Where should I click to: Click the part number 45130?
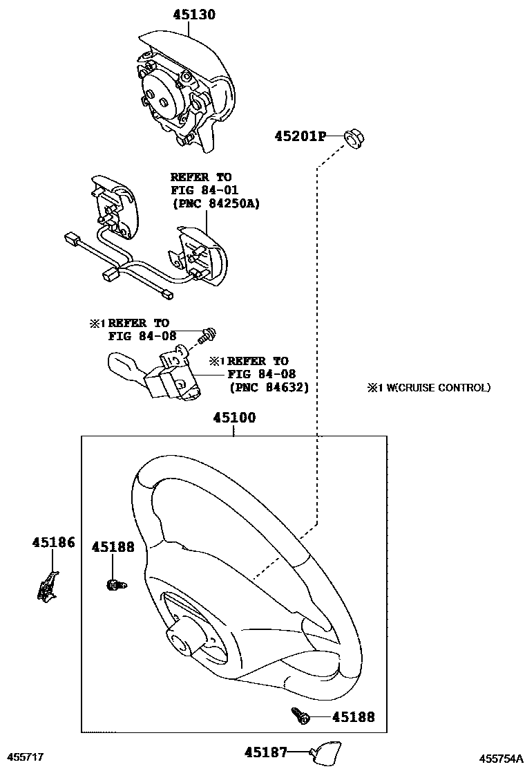tap(194, 15)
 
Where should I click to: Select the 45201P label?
tap(300, 136)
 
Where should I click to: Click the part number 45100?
tap(234, 418)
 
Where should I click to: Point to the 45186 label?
tap(54, 542)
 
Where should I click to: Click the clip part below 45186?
tap(48, 586)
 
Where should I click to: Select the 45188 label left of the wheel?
tap(113, 547)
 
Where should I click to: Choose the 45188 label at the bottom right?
tap(354, 717)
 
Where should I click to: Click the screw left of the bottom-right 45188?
tap(300, 716)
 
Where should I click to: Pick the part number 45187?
tap(266, 752)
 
